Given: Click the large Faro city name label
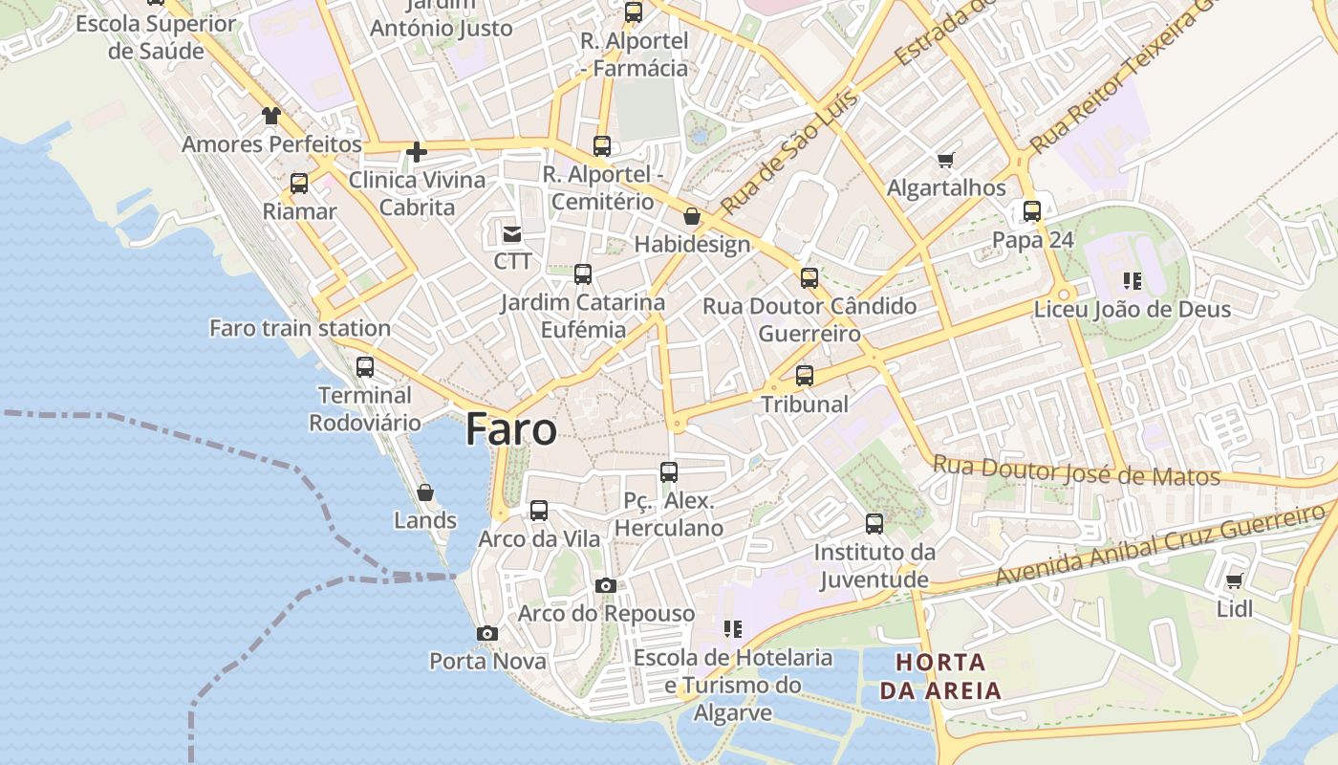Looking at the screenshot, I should coord(510,429).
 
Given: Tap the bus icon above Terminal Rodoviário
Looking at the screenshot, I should coord(364,367).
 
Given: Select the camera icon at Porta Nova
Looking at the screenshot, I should coord(486,633).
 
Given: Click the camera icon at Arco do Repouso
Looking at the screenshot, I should coord(605,585).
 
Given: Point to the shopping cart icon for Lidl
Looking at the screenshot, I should coord(1234,580).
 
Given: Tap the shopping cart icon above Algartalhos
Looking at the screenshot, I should coord(945,160).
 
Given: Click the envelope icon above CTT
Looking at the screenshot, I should coord(512,233).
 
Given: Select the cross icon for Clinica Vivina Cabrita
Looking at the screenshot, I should coord(416,151).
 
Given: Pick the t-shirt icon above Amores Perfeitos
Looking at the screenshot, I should coord(271,116).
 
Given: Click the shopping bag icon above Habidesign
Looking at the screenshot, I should coord(692,216).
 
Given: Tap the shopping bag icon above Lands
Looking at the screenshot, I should coord(425,492).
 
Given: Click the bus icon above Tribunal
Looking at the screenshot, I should coord(805,376).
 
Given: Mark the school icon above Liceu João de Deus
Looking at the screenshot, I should coord(1132,281).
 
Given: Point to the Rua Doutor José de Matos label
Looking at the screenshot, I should coord(1076,470).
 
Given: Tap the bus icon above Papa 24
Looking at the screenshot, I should coord(1032,211).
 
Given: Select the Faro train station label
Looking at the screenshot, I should coord(300,328).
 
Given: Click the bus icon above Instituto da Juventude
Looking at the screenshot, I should coord(874,523).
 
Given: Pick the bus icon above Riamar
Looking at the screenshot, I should coord(299,183).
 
